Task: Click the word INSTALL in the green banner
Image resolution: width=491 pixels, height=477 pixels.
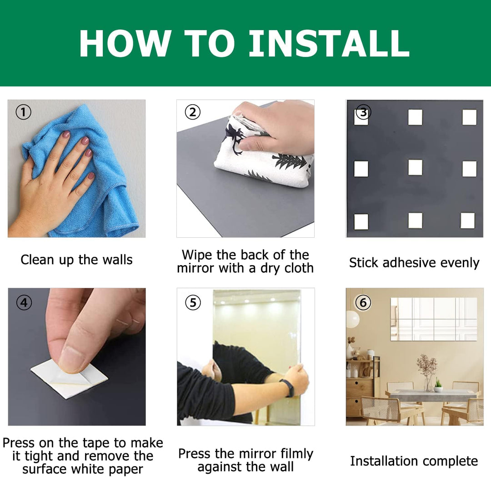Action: coord(329,43)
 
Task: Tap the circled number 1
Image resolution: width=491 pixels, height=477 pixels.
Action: coord(24,112)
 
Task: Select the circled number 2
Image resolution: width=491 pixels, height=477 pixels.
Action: coord(193,112)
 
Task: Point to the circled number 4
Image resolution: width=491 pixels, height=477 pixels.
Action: coord(24,302)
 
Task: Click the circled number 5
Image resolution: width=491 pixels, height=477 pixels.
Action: coord(193,302)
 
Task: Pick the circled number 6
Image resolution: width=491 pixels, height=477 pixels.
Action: coord(363,302)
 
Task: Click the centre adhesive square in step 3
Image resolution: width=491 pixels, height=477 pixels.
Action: coord(415,167)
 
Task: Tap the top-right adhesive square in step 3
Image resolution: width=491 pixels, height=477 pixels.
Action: coord(469,117)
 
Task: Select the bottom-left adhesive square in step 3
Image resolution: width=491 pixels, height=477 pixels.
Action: coord(361,221)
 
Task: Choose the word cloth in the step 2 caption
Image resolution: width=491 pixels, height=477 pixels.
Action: coord(298,268)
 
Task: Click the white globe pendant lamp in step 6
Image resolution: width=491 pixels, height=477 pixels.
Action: coord(352,319)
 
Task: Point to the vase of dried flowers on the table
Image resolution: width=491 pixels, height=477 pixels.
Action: coord(427,373)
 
